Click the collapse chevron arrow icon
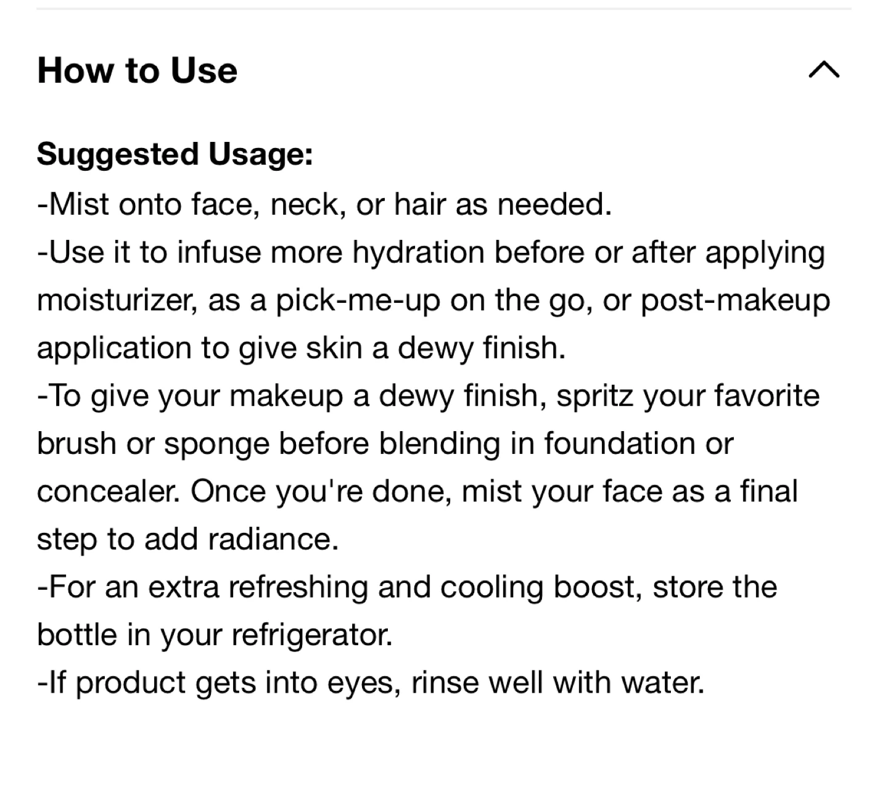824,70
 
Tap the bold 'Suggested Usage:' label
175,155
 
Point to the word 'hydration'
418,253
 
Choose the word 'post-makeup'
735,301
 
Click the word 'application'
114,348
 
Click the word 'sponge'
216,444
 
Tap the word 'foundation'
620,443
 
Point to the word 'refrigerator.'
312,636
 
